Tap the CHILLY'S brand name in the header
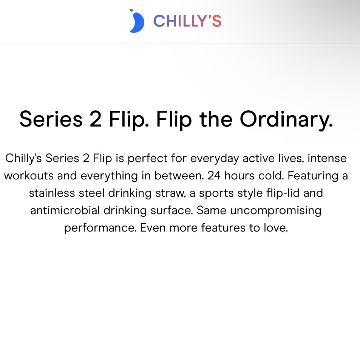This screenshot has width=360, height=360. click(187, 21)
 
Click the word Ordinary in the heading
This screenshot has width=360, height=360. click(286, 120)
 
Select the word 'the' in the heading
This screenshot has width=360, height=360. click(216, 119)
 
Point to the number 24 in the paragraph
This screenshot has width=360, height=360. click(214, 176)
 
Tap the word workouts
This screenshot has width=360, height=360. click(29, 176)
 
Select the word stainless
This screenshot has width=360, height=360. click(52, 193)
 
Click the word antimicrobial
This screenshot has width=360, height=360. click(65, 210)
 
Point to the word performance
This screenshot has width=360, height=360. click(100, 229)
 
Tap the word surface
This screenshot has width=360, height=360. click(172, 210)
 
